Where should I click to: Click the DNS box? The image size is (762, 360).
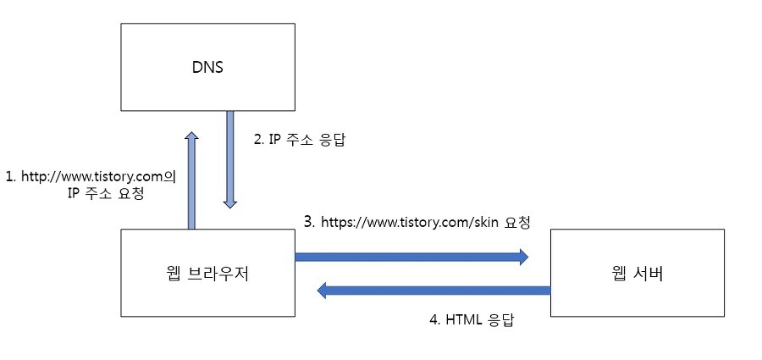(207, 66)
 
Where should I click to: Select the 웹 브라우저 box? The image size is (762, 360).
(207, 273)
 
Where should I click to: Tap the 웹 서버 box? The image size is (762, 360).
(637, 273)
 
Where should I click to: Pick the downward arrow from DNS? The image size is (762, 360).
(229, 161)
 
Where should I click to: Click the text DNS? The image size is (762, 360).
(207, 67)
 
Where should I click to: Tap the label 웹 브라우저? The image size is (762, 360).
(207, 274)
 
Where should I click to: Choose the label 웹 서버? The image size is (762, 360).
(637, 274)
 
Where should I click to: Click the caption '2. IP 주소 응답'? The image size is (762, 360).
(301, 141)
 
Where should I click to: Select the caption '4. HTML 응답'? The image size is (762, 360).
(472, 321)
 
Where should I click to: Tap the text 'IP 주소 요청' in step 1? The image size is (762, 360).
(105, 193)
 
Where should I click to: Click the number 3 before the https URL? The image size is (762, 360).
(309, 224)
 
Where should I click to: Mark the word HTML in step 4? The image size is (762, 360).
(462, 321)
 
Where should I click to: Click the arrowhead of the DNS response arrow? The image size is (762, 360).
(229, 203)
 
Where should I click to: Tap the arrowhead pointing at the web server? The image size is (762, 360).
(522, 256)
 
